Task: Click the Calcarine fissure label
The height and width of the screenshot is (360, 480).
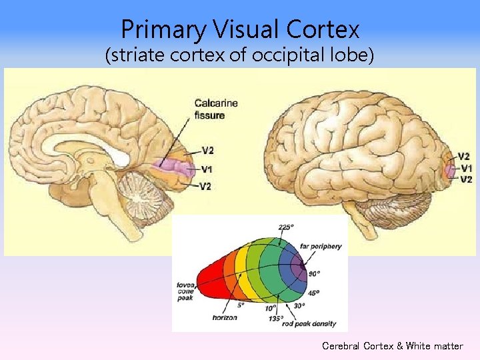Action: coord(215,109)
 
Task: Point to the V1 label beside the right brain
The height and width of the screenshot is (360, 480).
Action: coord(465,168)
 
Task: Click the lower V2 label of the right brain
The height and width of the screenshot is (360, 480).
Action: coord(465,179)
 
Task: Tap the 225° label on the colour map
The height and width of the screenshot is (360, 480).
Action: coord(285,227)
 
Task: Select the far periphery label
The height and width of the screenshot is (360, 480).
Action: coord(321,246)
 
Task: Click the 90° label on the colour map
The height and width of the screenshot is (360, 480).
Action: coord(314,273)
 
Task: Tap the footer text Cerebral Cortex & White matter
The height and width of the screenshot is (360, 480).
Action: coord(392,346)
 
